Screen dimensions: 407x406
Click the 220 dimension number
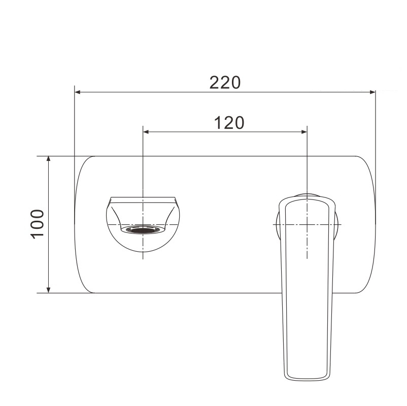click(x=225, y=83)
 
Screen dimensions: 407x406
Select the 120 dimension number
click(x=229, y=123)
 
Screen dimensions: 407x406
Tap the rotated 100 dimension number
click(x=37, y=224)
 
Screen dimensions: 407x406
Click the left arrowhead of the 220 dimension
click(x=77, y=92)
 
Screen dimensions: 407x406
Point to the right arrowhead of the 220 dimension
click(x=372, y=92)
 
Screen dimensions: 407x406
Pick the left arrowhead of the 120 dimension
click(x=146, y=132)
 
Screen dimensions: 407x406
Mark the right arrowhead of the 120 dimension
click(x=304, y=132)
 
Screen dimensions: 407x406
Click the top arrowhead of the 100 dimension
click(x=48, y=159)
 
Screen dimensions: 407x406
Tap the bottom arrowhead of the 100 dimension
click(x=48, y=290)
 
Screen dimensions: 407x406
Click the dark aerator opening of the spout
click(x=143, y=230)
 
